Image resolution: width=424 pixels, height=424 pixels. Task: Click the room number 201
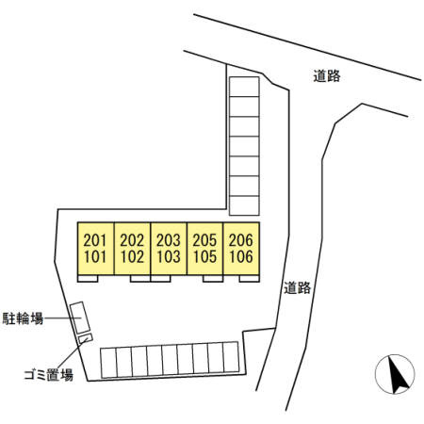95,240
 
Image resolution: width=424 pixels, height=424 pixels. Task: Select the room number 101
95,257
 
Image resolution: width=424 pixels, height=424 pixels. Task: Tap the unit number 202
132,240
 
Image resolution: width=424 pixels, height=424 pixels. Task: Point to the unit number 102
132,257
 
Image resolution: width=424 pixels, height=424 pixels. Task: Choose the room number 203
169,240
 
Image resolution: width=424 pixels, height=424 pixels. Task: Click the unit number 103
169,257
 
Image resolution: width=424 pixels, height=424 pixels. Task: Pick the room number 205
204,240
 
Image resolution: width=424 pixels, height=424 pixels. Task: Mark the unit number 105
204,257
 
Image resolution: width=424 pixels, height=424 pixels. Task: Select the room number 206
241,240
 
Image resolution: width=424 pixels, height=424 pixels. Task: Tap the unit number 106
241,257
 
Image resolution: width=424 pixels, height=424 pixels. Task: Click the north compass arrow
398,374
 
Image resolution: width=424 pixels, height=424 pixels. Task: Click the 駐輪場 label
23,318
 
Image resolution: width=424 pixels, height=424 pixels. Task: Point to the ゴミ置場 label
49,375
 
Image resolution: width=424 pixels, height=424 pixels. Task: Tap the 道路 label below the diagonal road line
327,76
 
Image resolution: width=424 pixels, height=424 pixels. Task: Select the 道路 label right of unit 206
297,287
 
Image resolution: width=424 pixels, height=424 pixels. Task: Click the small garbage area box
86,338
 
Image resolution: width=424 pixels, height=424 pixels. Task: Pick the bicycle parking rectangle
80,318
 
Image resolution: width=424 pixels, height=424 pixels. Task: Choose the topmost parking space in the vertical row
244,87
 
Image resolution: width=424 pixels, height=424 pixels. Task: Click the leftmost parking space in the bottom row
108,363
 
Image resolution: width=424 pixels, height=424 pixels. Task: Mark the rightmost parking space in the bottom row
231,357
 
